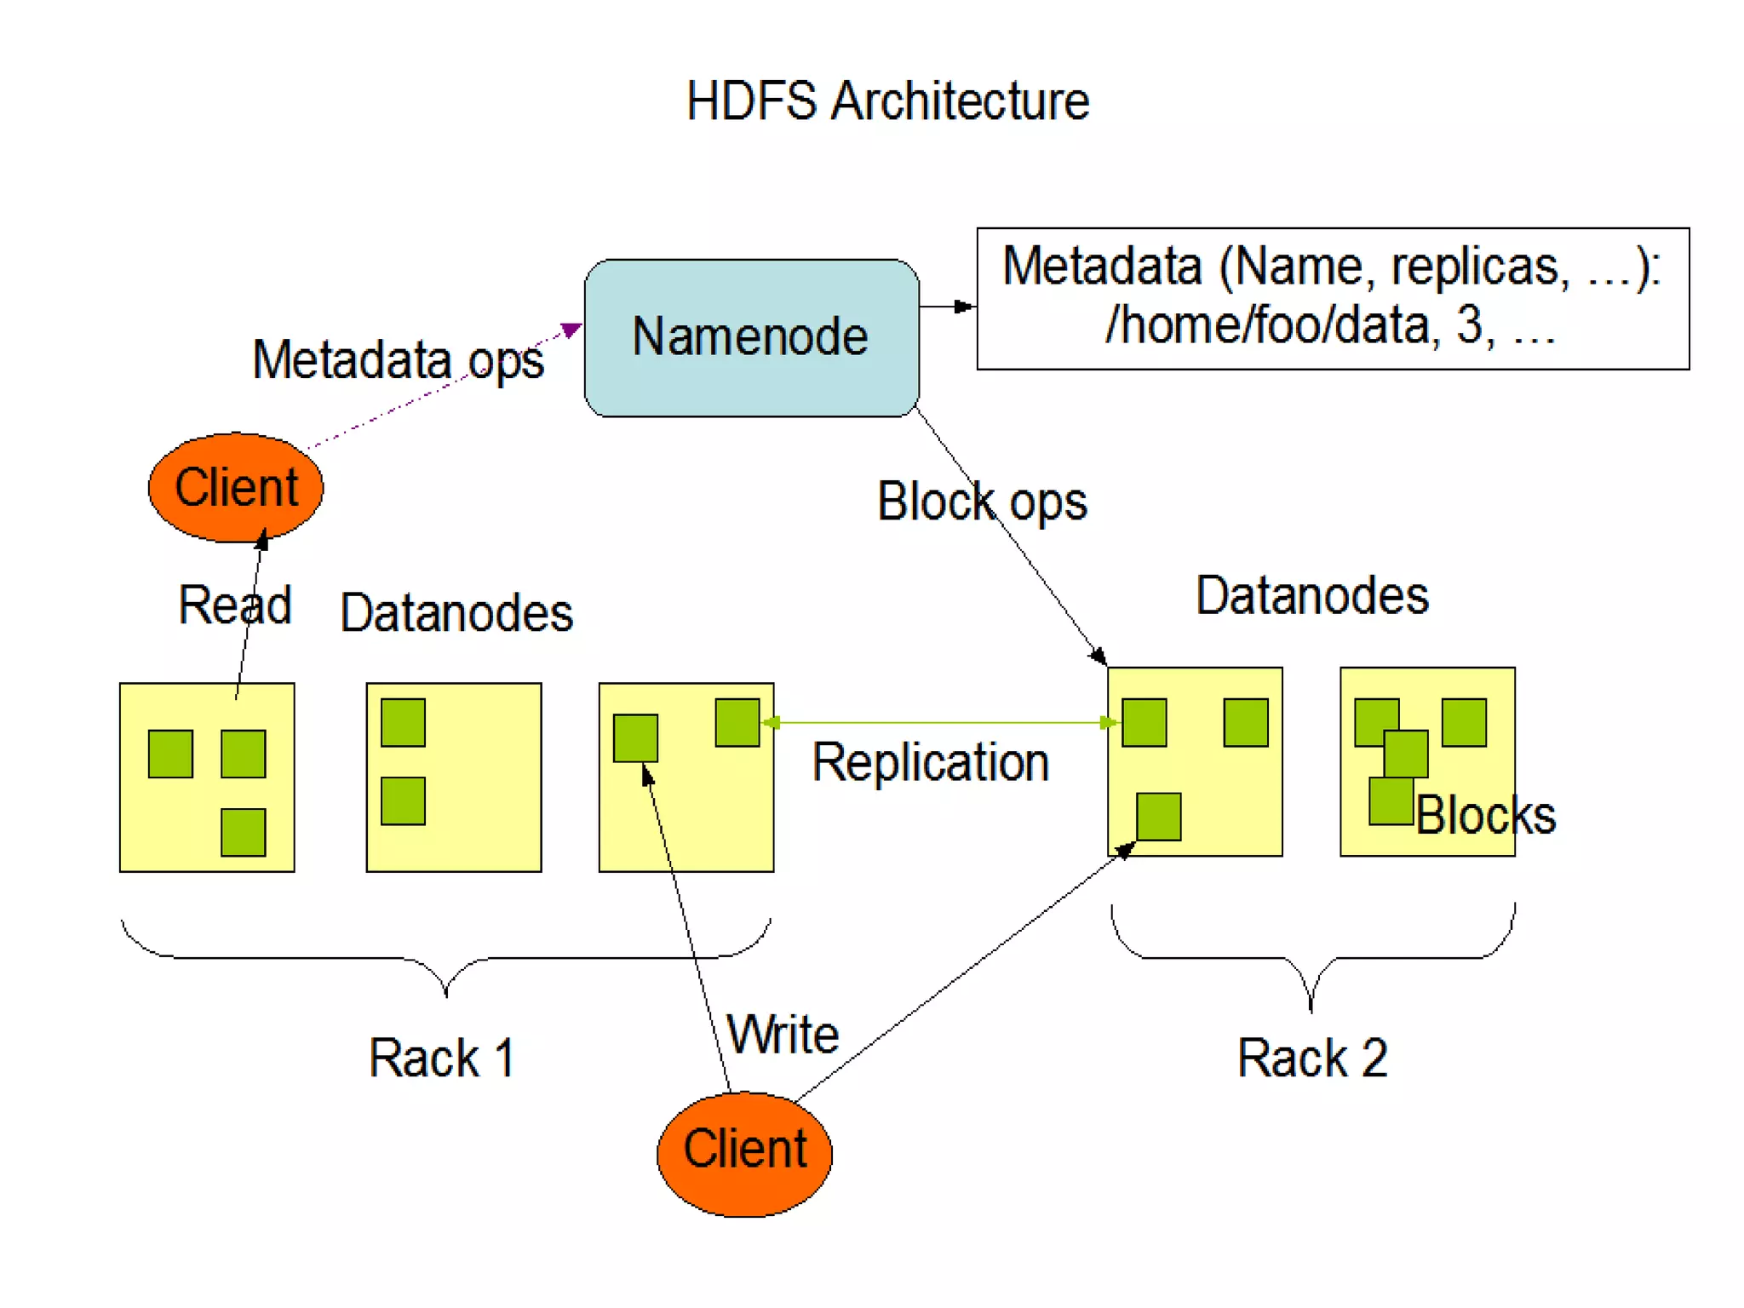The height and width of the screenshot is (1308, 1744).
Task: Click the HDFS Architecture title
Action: tap(887, 101)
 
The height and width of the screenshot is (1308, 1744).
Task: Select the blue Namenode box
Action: tap(750, 337)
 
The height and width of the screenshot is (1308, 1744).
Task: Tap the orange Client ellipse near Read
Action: tap(236, 487)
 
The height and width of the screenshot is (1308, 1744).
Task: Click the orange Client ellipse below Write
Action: tap(744, 1151)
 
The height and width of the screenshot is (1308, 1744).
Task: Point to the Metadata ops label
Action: tap(398, 360)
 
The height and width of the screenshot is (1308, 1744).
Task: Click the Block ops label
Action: tap(982, 502)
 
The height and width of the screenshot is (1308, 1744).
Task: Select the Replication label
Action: tap(930, 762)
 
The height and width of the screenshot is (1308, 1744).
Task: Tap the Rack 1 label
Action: tap(441, 1058)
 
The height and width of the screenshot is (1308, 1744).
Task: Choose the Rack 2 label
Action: tap(1312, 1058)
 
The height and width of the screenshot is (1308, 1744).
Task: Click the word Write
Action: tap(783, 1034)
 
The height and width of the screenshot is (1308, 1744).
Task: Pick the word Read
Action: tap(234, 605)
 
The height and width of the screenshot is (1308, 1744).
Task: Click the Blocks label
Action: tap(1486, 815)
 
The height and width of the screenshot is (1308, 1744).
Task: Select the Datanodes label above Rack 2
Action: tap(1311, 595)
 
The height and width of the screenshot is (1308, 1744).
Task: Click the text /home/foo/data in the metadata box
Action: tap(1269, 326)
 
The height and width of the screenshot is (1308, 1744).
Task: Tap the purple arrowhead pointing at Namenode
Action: tap(571, 330)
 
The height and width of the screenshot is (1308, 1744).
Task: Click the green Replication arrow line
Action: tap(937, 722)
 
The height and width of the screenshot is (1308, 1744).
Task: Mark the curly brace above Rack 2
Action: tap(1311, 958)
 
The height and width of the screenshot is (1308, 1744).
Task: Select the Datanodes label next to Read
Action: tap(456, 612)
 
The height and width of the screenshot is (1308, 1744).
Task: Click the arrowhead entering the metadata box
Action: tap(965, 306)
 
